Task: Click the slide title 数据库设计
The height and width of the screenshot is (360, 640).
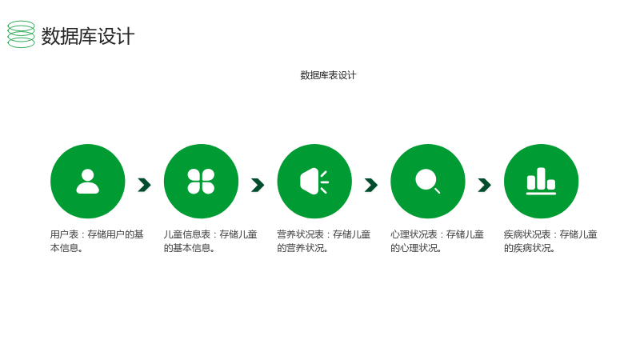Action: coord(88,36)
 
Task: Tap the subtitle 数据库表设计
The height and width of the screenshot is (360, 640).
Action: coord(328,75)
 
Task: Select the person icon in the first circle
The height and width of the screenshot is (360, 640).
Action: coord(88,182)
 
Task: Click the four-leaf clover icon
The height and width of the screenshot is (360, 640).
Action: coord(201,182)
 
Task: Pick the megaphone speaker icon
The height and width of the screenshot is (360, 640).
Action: coord(314,182)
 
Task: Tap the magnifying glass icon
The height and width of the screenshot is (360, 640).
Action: coord(428,182)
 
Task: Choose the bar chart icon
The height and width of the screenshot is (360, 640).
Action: coord(542,182)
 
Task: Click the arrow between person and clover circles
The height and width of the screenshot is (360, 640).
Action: coord(145,185)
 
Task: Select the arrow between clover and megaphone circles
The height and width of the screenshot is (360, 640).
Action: coord(258,185)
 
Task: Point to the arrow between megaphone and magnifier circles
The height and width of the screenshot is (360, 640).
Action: coord(371,185)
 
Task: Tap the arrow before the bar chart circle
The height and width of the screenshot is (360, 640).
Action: coord(485,185)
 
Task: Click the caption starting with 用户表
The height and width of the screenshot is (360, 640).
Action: coord(97,241)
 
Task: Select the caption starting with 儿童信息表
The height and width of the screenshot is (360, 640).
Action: coord(210,241)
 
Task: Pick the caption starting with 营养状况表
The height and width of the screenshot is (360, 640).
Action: coord(324,241)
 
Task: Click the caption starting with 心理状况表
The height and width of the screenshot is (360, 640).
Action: coord(437,241)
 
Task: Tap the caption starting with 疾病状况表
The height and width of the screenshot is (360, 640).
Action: coord(550,241)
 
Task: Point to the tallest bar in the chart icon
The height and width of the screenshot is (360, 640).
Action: coord(542,178)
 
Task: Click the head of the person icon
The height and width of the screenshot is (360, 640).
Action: coord(88,175)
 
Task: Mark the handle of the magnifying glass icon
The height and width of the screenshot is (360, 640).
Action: coord(437,190)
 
